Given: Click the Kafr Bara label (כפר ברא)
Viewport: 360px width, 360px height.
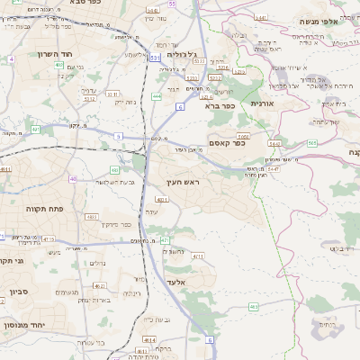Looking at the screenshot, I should click(x=219, y=105).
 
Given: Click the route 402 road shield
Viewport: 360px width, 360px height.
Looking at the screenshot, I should click(x=59, y=65).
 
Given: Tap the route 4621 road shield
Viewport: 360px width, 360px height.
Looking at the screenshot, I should click(x=146, y=337).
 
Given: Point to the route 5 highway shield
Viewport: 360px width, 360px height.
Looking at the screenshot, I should click(x=117, y=136).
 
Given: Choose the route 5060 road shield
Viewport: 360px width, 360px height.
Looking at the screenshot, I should click(x=243, y=136).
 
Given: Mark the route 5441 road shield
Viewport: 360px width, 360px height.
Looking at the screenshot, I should click(x=273, y=143).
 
